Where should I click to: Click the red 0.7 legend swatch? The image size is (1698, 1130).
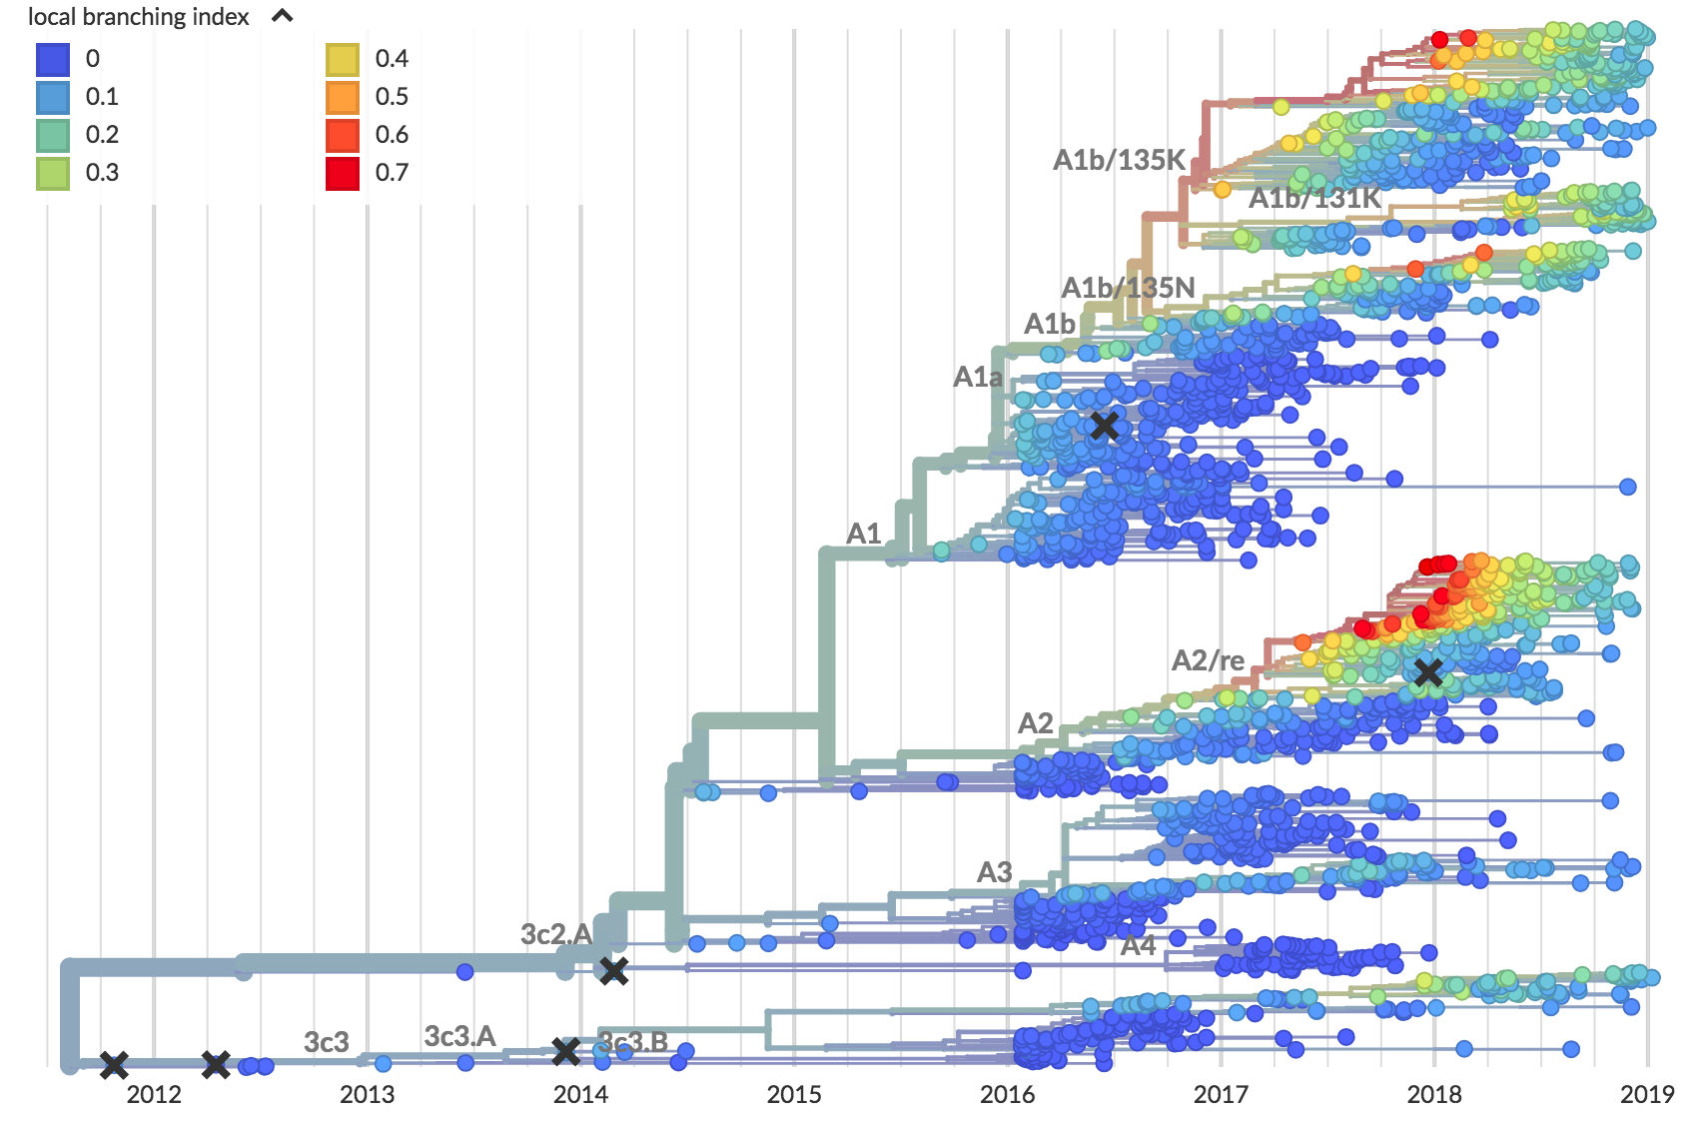click(x=343, y=173)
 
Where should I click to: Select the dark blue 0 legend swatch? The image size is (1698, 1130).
click(x=53, y=59)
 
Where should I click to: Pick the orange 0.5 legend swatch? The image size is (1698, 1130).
click(x=343, y=97)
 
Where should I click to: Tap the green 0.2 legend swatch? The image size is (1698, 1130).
click(x=53, y=135)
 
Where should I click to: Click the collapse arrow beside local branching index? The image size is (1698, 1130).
click(x=283, y=16)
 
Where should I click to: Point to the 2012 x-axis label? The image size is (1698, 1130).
click(x=154, y=1094)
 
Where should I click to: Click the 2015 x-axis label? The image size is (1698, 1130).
click(x=794, y=1094)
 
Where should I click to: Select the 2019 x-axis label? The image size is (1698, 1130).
click(x=1647, y=1094)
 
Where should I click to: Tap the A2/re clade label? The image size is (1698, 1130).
click(x=1208, y=660)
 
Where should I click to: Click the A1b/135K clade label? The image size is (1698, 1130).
click(x=1119, y=160)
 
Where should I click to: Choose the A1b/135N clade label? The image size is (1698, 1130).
click(x=1128, y=288)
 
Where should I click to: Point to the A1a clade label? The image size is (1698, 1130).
click(x=977, y=377)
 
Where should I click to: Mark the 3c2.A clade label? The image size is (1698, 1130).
click(x=556, y=934)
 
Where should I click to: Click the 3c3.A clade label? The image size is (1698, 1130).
click(x=459, y=1036)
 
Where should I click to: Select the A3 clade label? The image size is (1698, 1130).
click(x=994, y=872)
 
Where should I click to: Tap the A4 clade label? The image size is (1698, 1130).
click(x=1138, y=945)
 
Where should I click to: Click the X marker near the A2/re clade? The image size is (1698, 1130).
click(x=1428, y=672)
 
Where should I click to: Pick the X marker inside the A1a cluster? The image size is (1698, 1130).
click(x=1104, y=426)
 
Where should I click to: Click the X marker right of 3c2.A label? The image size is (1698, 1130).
click(x=613, y=970)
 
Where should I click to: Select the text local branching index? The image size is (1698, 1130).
click(x=139, y=17)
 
